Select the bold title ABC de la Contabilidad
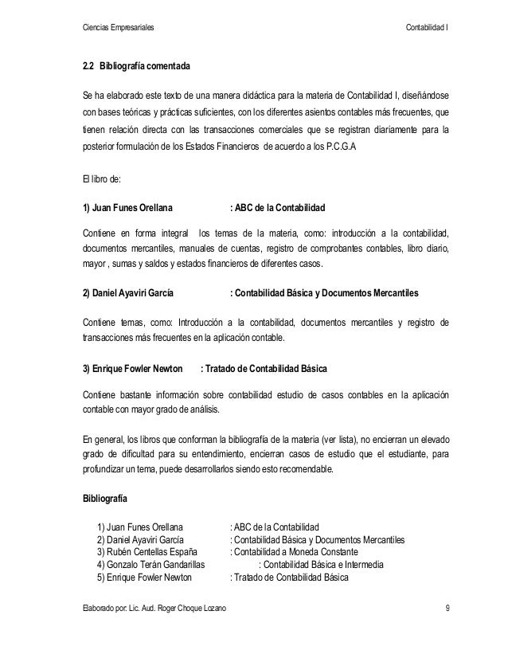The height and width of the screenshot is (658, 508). point(279,210)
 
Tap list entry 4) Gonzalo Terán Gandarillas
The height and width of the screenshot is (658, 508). point(149,565)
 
